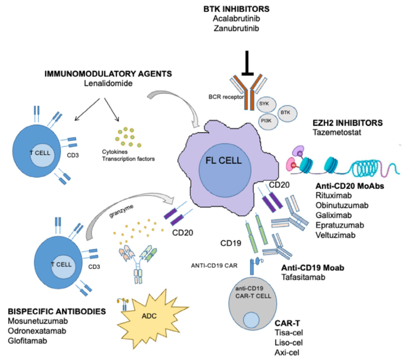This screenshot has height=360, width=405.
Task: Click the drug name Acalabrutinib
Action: pos(236,18)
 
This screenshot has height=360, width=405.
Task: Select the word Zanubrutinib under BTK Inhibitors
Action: pos(236,28)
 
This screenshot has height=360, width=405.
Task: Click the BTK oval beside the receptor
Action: pos(287,113)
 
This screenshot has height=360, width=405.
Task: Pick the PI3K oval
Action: pos(268,121)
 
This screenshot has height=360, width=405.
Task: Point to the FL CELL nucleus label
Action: pos(223,161)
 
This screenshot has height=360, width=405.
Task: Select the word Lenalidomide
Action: pos(108,83)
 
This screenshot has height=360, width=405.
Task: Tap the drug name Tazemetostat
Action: pos(337,132)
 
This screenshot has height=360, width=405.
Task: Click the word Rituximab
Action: pos(333,195)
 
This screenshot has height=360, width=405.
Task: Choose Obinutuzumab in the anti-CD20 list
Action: pos(342,205)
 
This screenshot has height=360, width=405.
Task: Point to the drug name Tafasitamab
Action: pos(303,277)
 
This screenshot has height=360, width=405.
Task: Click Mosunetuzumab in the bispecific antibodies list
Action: pos(38,321)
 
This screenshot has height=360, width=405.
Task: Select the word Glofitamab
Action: pos(28,341)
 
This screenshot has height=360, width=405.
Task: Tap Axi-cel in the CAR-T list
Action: pos(287,352)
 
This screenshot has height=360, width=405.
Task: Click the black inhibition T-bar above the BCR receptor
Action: pos(247,63)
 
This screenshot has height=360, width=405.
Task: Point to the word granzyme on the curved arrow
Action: pos(121,211)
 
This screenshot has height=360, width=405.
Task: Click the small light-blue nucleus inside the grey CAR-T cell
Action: pos(251,320)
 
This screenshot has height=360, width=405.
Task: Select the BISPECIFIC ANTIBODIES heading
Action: pos(57,311)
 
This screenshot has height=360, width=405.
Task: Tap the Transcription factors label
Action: pos(128,159)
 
